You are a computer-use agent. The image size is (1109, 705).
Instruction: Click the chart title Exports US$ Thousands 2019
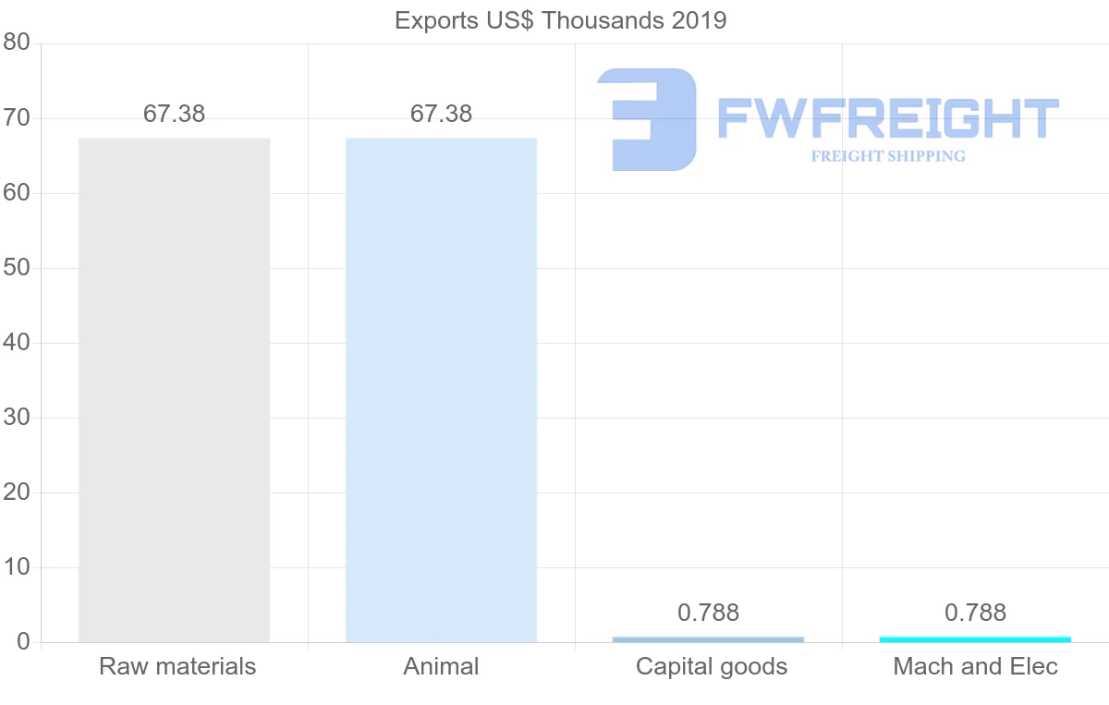(560, 20)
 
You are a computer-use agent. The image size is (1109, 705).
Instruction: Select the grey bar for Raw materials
(174, 389)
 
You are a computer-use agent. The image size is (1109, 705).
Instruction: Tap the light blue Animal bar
(441, 389)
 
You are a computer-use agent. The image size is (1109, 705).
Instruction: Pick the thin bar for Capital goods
(708, 639)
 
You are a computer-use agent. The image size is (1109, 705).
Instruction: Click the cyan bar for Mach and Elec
(975, 639)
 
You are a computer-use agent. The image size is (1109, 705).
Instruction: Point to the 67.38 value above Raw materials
(174, 114)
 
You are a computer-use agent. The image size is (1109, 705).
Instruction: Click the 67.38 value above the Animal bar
(441, 114)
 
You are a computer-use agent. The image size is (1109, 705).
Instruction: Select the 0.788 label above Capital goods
(708, 613)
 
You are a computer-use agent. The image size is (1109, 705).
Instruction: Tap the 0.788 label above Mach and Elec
(975, 613)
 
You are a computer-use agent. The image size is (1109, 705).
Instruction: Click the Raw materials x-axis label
(177, 666)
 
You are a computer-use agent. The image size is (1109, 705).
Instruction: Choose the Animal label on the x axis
(441, 666)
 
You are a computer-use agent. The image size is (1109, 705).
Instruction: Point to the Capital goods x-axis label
(712, 666)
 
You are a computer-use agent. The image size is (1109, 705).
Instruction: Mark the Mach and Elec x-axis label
(975, 666)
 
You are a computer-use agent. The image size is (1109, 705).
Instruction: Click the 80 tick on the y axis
(17, 43)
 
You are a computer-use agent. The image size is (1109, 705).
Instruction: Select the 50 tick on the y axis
(17, 268)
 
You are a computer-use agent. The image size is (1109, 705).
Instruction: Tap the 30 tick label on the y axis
(17, 418)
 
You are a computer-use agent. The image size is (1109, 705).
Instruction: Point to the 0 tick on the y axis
(23, 642)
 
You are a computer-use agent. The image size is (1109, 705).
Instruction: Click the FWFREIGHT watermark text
(887, 118)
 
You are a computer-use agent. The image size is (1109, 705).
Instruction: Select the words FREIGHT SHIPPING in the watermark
(887, 156)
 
